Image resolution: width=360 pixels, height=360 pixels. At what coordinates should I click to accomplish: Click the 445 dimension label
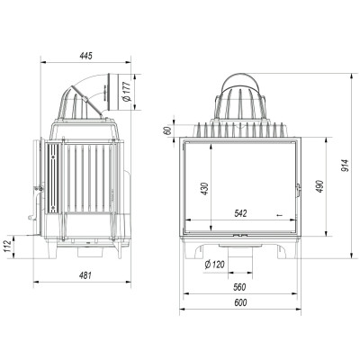[x=85, y=56]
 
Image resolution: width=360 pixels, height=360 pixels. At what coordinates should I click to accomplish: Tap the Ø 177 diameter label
[x=127, y=91]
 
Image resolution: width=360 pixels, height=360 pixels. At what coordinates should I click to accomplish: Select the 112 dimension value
[x=8, y=247]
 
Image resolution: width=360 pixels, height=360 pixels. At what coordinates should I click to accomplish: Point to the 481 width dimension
[x=85, y=275]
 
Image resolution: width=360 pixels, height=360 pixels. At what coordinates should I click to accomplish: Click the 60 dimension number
[x=168, y=130]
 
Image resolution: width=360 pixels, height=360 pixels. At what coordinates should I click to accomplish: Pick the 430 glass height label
[x=204, y=188]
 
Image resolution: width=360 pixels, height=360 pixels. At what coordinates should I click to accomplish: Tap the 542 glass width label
[x=240, y=213]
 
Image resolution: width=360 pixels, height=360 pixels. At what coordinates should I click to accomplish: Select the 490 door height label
[x=319, y=186]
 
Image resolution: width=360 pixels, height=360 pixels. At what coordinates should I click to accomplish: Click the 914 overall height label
[x=346, y=166]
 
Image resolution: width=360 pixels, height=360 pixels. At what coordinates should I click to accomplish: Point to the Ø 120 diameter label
[x=215, y=265]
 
